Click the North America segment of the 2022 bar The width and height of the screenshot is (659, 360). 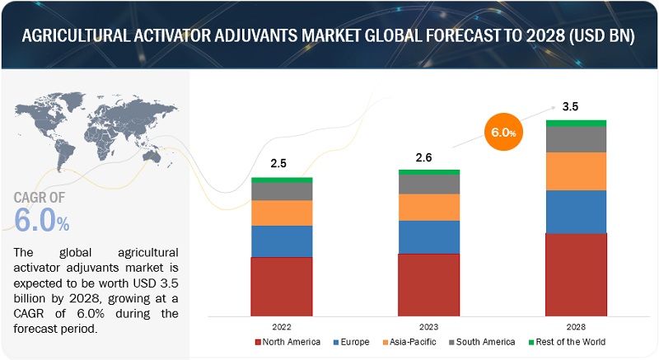click(x=282, y=286)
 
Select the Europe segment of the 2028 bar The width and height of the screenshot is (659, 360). click(x=576, y=212)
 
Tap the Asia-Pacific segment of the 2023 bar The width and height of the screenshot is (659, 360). click(x=429, y=207)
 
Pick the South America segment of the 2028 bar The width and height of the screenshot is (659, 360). click(x=576, y=139)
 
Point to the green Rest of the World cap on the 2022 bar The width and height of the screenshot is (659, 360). click(x=282, y=180)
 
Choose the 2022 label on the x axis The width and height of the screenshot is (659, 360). click(x=282, y=326)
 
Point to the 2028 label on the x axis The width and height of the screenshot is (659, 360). click(x=576, y=326)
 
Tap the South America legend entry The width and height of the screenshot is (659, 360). click(x=484, y=341)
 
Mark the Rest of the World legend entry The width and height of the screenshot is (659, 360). click(x=566, y=341)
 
